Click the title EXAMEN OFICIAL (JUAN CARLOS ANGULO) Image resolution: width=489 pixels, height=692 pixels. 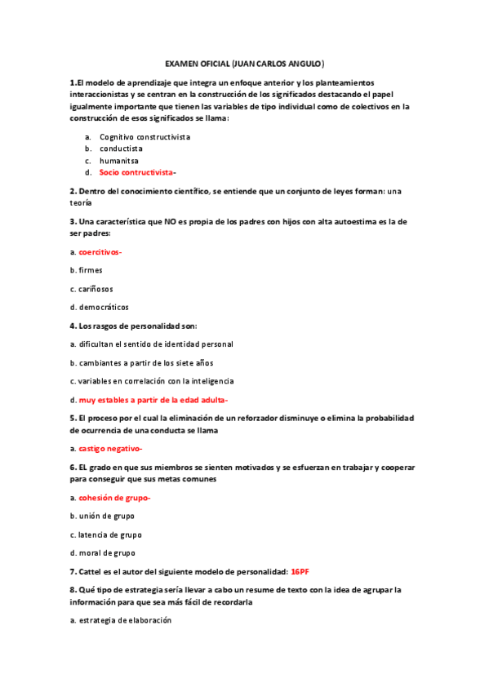(x=244, y=63)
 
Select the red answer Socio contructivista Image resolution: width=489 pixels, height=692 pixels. (x=136, y=173)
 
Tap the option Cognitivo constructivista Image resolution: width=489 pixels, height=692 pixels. (x=144, y=136)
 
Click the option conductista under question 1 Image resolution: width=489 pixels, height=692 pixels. (x=121, y=149)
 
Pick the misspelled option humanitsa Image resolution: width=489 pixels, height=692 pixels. (x=119, y=161)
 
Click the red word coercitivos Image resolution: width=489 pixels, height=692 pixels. (x=100, y=251)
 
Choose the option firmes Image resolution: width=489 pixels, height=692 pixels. (x=90, y=270)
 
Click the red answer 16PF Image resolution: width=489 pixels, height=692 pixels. (x=300, y=571)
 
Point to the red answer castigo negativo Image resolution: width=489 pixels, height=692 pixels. (x=110, y=449)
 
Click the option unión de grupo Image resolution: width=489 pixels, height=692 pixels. (x=106, y=517)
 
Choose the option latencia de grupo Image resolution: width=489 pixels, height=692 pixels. (x=109, y=535)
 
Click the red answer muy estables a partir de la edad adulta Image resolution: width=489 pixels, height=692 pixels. (x=153, y=400)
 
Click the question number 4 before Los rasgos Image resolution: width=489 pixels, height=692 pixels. (x=73, y=326)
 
